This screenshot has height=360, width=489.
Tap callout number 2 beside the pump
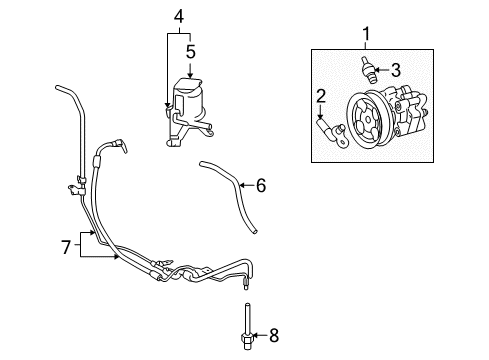(322, 95)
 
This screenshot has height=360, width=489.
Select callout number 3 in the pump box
(395, 70)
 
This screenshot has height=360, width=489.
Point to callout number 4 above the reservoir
(178, 16)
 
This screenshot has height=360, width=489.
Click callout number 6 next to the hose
(261, 185)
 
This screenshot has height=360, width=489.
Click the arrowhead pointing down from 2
(322, 117)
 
